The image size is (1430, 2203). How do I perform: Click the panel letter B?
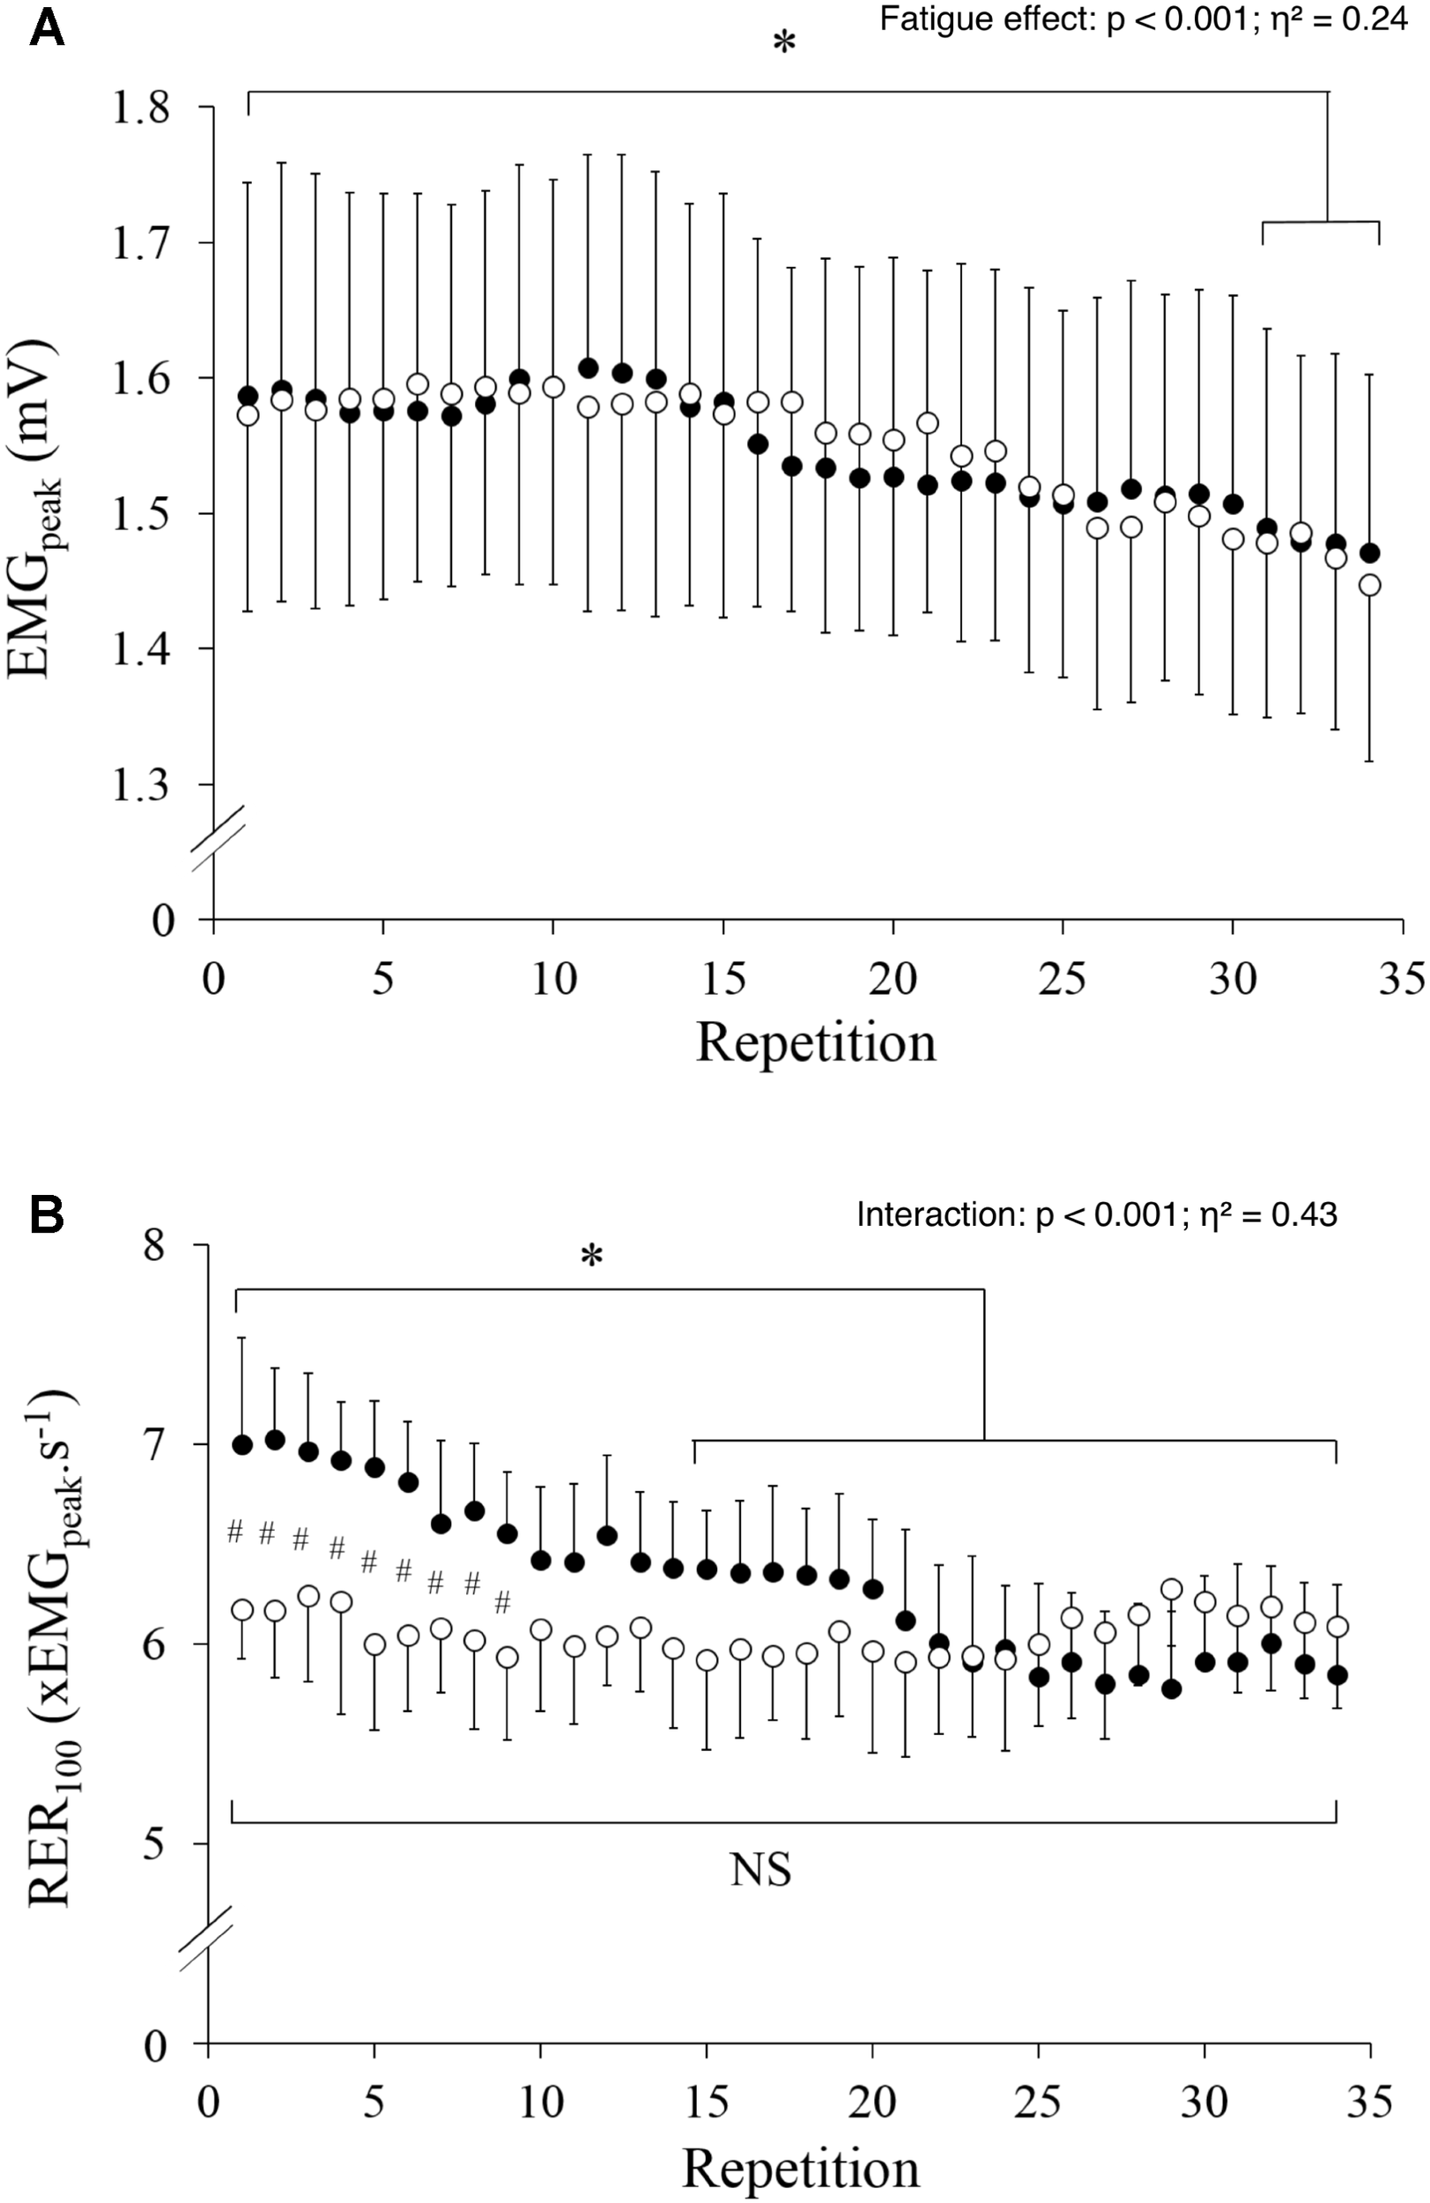click(48, 1214)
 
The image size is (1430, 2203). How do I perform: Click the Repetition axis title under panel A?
click(815, 1042)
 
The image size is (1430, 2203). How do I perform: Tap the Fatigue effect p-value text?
click(1143, 19)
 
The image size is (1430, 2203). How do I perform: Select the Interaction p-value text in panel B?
click(1096, 1213)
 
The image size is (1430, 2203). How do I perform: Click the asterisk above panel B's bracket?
click(591, 1257)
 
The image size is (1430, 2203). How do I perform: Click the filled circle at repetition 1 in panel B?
click(243, 1445)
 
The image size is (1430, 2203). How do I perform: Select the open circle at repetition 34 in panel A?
click(1369, 585)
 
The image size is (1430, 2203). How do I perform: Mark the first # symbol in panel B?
click(235, 1531)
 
